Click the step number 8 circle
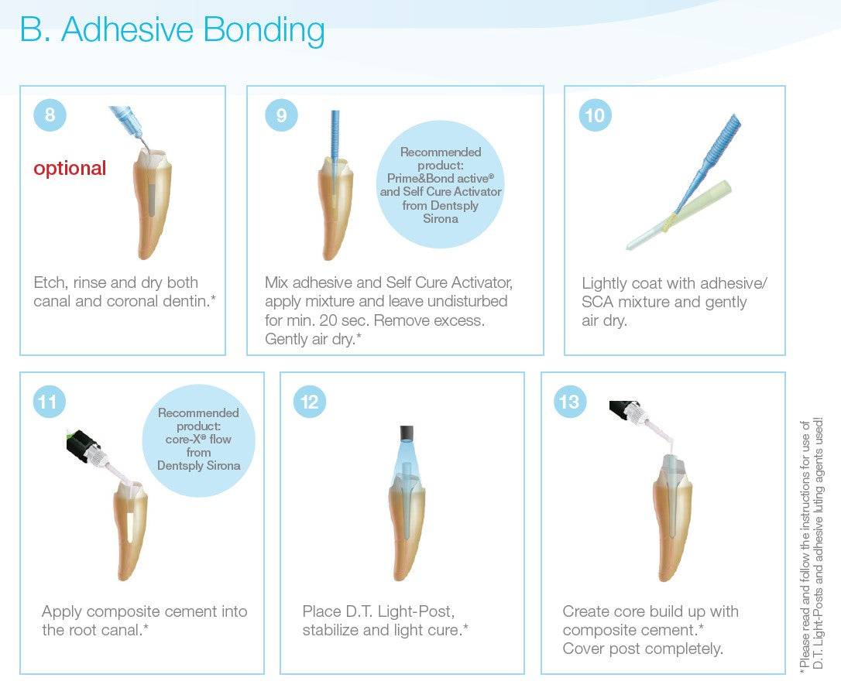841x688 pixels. [50, 115]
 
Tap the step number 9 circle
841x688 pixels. [282, 115]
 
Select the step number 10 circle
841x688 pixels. [595, 115]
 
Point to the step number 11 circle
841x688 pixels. [49, 402]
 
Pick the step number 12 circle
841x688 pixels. [310, 402]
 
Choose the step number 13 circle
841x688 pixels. [570, 402]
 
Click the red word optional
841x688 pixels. [70, 168]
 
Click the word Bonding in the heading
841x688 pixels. [264, 30]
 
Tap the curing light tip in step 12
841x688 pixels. [407, 432]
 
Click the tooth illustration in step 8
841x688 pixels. [152, 204]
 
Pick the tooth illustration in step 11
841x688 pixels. [130, 530]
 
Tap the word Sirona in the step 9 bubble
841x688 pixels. [441, 218]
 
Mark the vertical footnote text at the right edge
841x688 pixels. [811, 543]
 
